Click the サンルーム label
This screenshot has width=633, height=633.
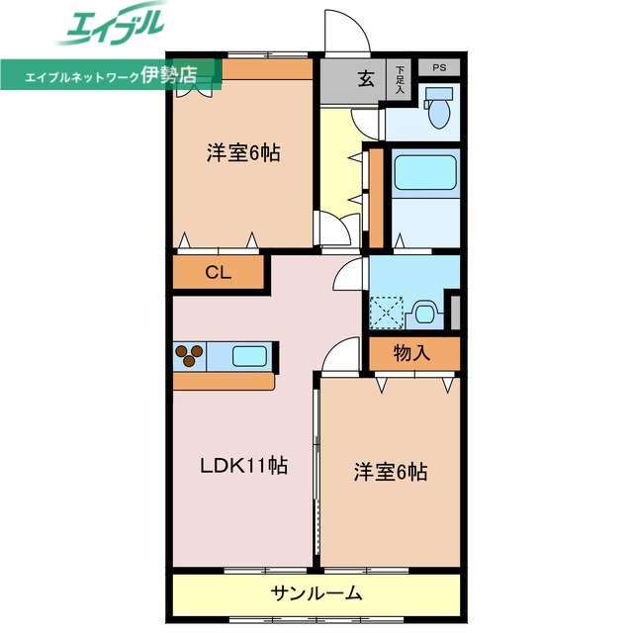pos(316,594)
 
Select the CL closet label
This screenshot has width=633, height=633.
pos(219,274)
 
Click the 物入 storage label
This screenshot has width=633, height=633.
pos(412,352)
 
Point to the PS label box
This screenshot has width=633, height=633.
pos(439,68)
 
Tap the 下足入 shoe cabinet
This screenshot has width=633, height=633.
pos(400,79)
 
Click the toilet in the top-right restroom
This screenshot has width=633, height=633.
pos(436,108)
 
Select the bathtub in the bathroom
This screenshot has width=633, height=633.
pos(425,173)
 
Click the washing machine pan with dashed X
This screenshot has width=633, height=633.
pos(387,313)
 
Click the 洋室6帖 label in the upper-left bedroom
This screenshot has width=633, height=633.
pos(242,153)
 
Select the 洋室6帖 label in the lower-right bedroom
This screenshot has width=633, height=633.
pos(391,472)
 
